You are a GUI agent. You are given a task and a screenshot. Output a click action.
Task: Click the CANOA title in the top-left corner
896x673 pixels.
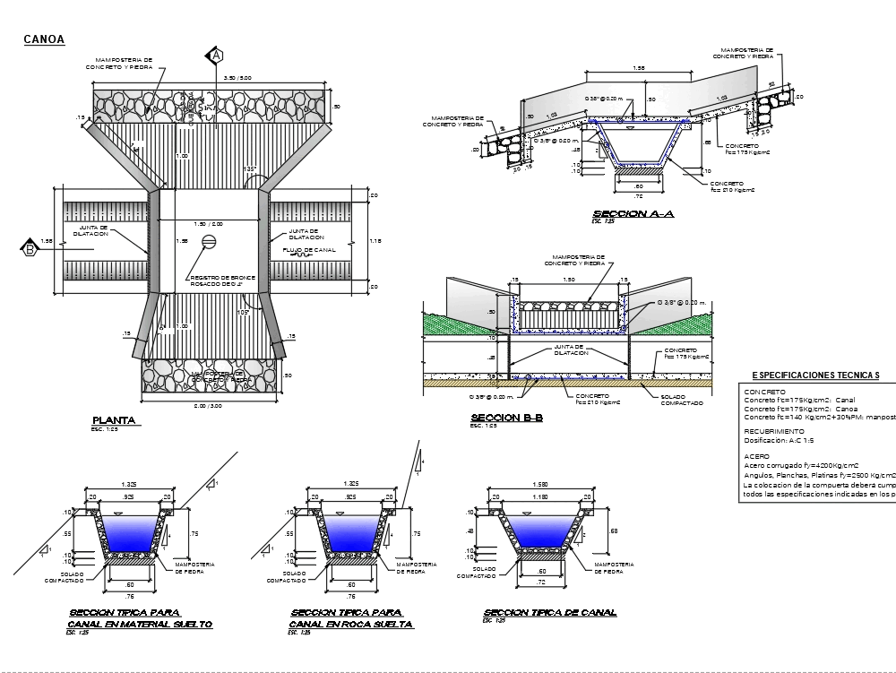tap(42, 39)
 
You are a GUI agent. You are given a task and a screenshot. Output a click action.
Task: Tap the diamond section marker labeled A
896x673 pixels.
tap(216, 56)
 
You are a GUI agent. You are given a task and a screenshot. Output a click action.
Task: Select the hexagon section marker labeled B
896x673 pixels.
tap(29, 249)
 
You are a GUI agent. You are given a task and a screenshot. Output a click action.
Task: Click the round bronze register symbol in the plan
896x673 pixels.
tap(209, 241)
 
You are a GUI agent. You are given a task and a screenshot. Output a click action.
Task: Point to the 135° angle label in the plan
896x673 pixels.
tap(249, 168)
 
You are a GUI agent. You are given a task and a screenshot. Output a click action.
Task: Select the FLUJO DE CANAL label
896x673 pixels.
tap(309, 250)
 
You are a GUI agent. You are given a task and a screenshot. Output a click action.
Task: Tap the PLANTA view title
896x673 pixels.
tap(113, 419)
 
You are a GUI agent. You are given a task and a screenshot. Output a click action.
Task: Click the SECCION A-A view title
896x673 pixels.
tap(633, 213)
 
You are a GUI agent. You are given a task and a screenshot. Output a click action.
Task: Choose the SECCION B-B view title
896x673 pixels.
tap(506, 418)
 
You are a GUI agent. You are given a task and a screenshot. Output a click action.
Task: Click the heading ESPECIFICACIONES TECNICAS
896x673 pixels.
tap(815, 375)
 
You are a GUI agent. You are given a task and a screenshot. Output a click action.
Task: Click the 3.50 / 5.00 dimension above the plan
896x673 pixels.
tap(218, 79)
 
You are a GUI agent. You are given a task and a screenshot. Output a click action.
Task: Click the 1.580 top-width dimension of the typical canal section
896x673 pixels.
tap(539, 487)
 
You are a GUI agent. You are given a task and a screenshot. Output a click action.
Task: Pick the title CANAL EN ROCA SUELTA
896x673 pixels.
tap(351, 624)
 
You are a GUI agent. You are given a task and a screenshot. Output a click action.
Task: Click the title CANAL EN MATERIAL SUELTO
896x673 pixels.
tap(141, 624)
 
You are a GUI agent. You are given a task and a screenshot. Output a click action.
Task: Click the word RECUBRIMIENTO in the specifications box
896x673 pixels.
tap(775, 431)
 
